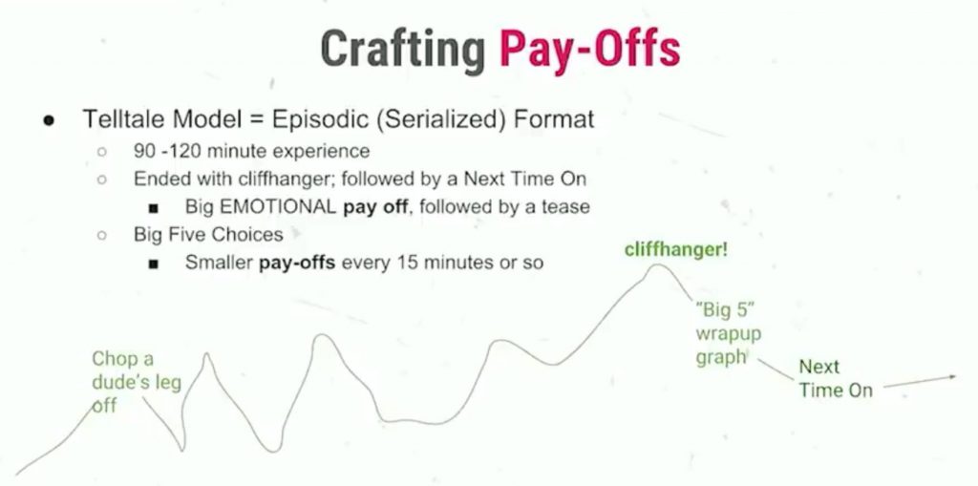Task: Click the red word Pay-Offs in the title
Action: click(x=588, y=50)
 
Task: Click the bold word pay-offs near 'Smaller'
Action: click(x=297, y=263)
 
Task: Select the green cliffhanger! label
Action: click(x=675, y=250)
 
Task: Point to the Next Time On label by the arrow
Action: click(x=835, y=379)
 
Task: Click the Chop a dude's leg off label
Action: click(x=137, y=383)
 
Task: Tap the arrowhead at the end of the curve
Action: click(x=953, y=376)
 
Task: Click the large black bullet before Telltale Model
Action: click(x=48, y=119)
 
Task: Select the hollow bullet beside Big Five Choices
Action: click(x=101, y=235)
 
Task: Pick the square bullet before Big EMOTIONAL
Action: click(x=154, y=207)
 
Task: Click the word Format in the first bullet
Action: click(x=554, y=119)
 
